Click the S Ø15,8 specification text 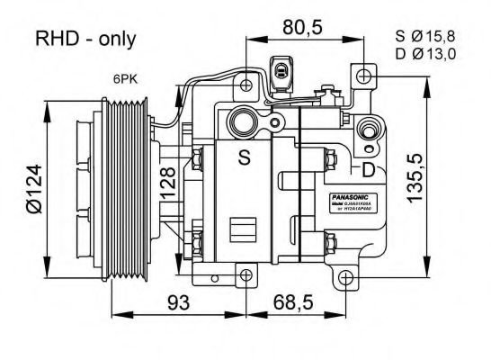[426, 36]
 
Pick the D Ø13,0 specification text [426, 54]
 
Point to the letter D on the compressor [369, 169]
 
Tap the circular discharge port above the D [368, 130]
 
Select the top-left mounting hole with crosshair [247, 86]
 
